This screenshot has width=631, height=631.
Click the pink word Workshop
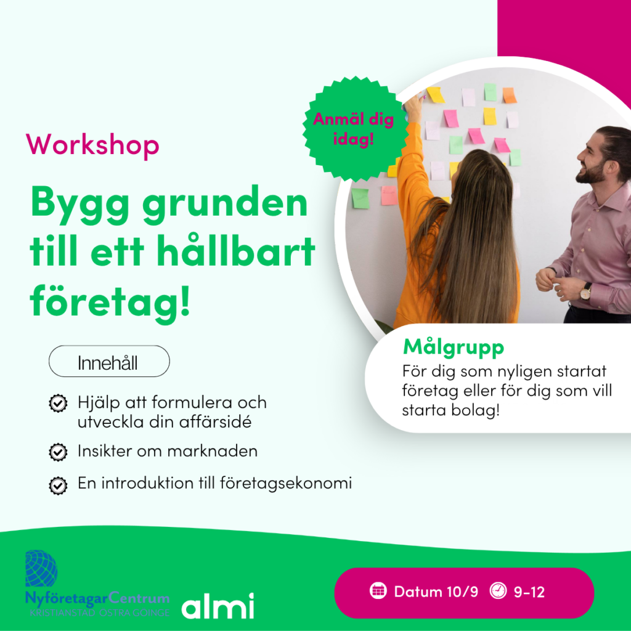point(92,145)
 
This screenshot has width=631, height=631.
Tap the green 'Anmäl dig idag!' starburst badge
point(354,129)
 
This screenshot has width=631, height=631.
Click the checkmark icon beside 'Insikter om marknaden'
point(58,452)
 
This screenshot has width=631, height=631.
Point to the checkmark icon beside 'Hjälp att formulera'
point(58,403)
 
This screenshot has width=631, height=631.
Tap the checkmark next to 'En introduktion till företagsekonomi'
point(58,486)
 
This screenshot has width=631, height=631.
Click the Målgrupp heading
point(454,348)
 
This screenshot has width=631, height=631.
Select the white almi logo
point(218,606)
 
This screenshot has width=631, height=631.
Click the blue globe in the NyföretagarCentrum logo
point(41,568)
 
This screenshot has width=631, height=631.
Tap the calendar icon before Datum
point(378,591)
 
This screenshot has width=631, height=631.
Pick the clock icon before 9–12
point(498,591)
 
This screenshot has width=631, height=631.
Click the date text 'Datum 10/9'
point(436,592)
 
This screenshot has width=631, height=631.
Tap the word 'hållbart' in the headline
point(236,251)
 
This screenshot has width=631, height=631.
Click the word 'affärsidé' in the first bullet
point(215,421)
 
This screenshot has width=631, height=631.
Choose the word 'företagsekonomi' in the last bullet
point(286,483)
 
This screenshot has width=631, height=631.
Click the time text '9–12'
point(529,592)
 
